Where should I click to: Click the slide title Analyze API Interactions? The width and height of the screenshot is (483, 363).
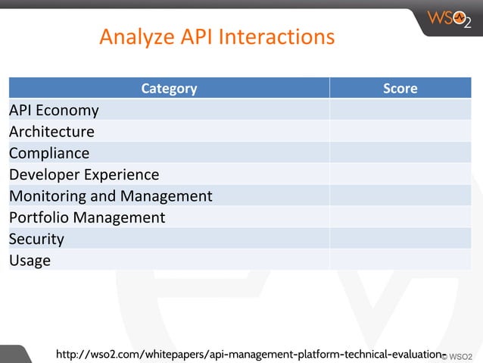click(x=217, y=36)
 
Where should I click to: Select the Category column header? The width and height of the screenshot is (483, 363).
click(x=169, y=88)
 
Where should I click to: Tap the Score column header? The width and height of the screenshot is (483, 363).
click(x=400, y=88)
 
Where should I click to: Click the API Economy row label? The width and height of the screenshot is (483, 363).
click(x=54, y=110)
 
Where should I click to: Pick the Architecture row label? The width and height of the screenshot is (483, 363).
click(x=51, y=131)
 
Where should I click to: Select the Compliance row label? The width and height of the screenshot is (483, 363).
click(x=49, y=153)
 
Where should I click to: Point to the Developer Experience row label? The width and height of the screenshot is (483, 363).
click(x=84, y=174)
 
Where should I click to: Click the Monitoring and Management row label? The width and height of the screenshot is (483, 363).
click(x=111, y=196)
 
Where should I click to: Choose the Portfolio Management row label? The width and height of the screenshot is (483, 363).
click(x=87, y=217)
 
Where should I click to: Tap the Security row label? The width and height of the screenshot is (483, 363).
click(x=36, y=239)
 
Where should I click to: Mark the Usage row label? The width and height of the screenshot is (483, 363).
click(x=30, y=260)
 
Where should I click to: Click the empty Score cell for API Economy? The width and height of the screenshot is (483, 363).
click(x=400, y=110)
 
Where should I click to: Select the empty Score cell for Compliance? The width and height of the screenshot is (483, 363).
click(x=400, y=153)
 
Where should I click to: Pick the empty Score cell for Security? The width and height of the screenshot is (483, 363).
click(x=400, y=239)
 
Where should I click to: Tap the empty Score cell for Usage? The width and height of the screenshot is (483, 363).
click(x=400, y=260)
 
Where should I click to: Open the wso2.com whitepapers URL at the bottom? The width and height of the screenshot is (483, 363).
click(x=249, y=354)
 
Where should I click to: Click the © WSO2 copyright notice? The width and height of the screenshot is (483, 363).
click(x=459, y=355)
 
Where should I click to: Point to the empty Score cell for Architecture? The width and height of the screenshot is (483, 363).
click(x=400, y=131)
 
